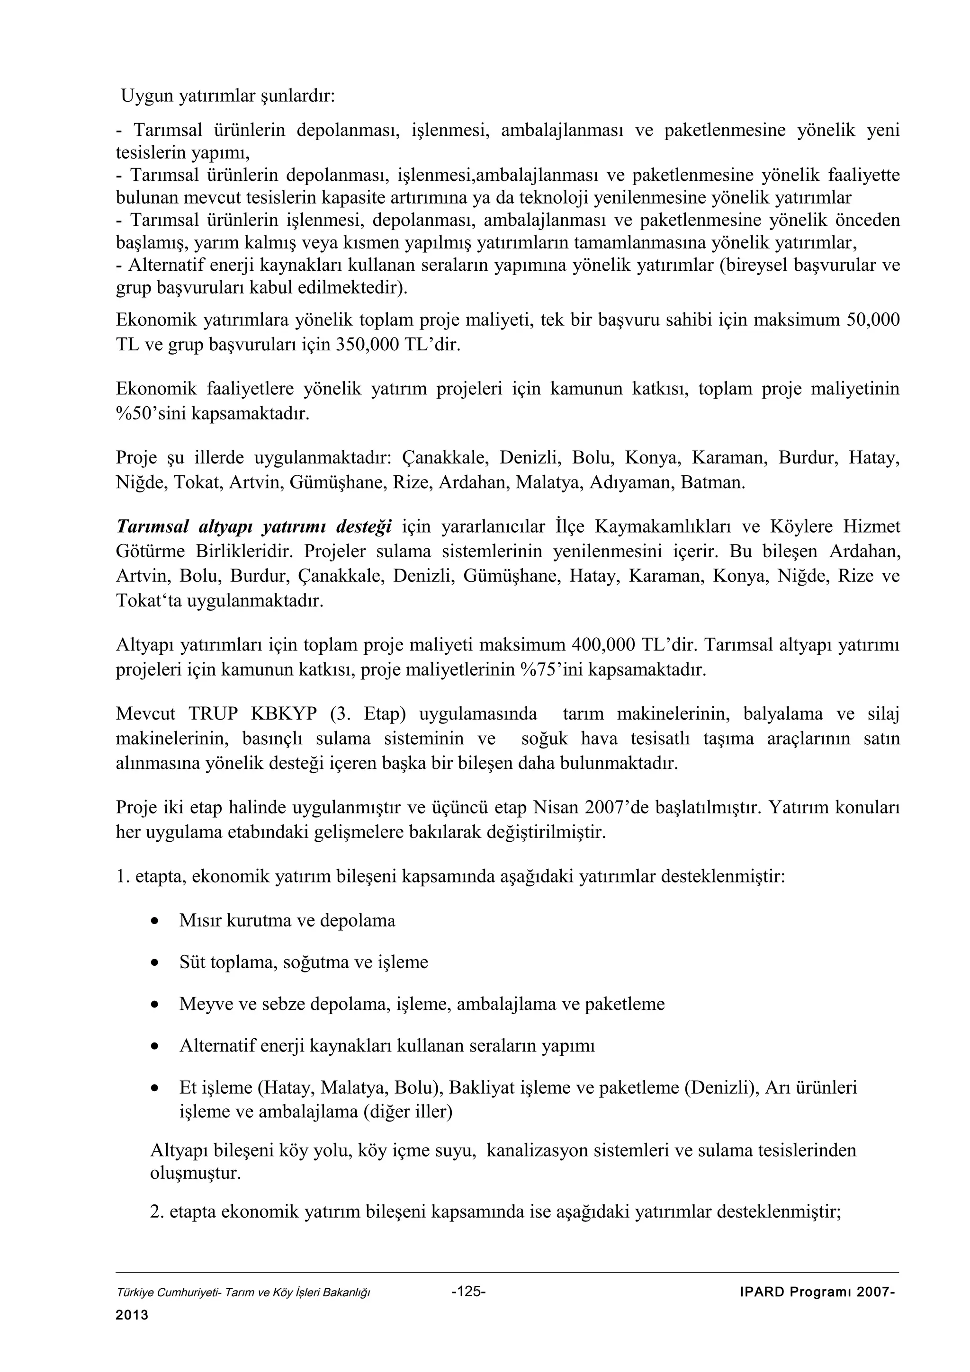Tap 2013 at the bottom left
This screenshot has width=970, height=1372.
[x=132, y=1315]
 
